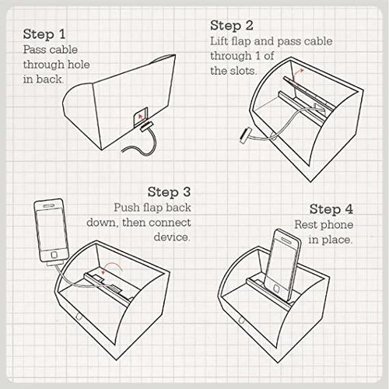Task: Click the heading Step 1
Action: point(44,34)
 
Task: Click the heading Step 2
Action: point(232,26)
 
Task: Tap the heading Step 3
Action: point(170,192)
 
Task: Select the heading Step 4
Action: point(331,209)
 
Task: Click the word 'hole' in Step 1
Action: point(79,65)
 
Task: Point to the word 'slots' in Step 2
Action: point(244,71)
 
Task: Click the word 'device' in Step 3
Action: point(172,237)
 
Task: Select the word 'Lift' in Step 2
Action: point(216,41)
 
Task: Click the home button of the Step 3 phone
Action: point(54,255)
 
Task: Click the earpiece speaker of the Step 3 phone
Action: point(48,206)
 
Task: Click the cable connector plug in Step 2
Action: point(244,135)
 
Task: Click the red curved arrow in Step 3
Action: point(111,265)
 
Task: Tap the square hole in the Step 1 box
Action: point(141,117)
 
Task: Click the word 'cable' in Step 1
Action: point(65,50)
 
